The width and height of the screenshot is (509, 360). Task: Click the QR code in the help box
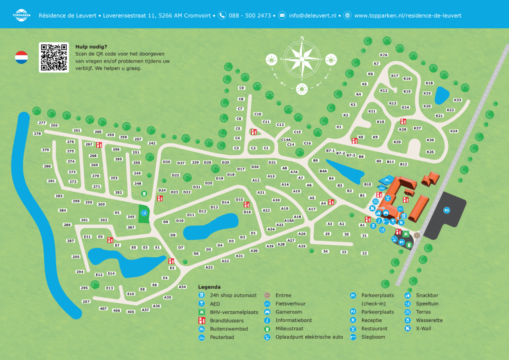54,57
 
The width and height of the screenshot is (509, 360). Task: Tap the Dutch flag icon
21,58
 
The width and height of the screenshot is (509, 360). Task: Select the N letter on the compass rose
302,38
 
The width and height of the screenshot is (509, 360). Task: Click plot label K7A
384,55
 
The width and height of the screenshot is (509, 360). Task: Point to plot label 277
42,123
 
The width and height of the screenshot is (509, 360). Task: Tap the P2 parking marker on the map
447,210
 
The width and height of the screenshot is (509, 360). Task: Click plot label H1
117,213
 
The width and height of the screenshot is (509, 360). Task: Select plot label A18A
289,221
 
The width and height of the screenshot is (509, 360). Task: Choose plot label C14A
286,140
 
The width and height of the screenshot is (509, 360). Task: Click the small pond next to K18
442,95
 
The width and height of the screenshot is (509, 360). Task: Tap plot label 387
131,228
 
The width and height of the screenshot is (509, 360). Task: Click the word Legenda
209,287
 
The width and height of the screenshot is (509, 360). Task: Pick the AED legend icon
202,304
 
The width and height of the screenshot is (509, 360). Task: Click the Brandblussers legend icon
202,321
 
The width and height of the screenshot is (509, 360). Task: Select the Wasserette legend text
429,320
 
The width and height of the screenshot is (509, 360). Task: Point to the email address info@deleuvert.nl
312,16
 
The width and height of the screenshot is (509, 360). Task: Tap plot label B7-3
351,155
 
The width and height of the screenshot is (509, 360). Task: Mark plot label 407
103,309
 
